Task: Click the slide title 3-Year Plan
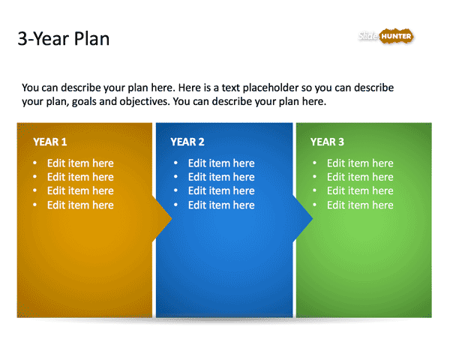64,39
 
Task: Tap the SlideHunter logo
385,36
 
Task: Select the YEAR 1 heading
50,142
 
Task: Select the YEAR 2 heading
187,142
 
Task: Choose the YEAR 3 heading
328,142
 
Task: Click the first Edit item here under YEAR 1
80,163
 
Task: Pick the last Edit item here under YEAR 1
80,205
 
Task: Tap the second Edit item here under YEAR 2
221,177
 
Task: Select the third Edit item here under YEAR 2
221,191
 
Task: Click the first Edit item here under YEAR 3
360,163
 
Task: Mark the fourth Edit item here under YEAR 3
360,205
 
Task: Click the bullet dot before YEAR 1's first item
34,163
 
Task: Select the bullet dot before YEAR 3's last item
314,205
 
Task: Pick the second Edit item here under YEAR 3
360,177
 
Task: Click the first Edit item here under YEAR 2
221,163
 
